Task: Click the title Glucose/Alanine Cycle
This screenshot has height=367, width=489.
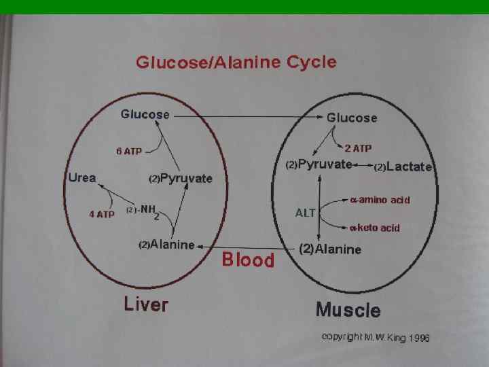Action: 236,63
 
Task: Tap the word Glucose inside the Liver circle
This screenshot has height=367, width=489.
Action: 145,114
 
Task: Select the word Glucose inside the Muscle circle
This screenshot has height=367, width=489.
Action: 352,118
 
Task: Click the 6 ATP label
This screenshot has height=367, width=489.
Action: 128,152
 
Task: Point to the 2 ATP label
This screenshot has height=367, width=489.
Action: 359,147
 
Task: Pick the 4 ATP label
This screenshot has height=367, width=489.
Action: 102,215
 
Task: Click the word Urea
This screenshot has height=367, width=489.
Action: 82,178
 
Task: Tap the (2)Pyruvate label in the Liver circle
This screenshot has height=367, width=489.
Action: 180,179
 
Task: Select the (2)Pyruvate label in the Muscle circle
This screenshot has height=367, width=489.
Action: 319,164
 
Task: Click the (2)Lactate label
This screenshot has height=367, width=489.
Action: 403,167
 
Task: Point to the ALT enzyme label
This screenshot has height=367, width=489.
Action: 305,213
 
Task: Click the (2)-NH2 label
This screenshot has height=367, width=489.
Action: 143,211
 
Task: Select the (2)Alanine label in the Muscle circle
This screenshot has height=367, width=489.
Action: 330,249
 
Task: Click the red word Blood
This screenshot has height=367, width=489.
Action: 248,260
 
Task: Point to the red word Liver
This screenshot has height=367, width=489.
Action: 145,304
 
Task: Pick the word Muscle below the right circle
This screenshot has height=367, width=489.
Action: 348,311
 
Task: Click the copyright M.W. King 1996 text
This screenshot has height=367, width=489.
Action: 376,337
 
